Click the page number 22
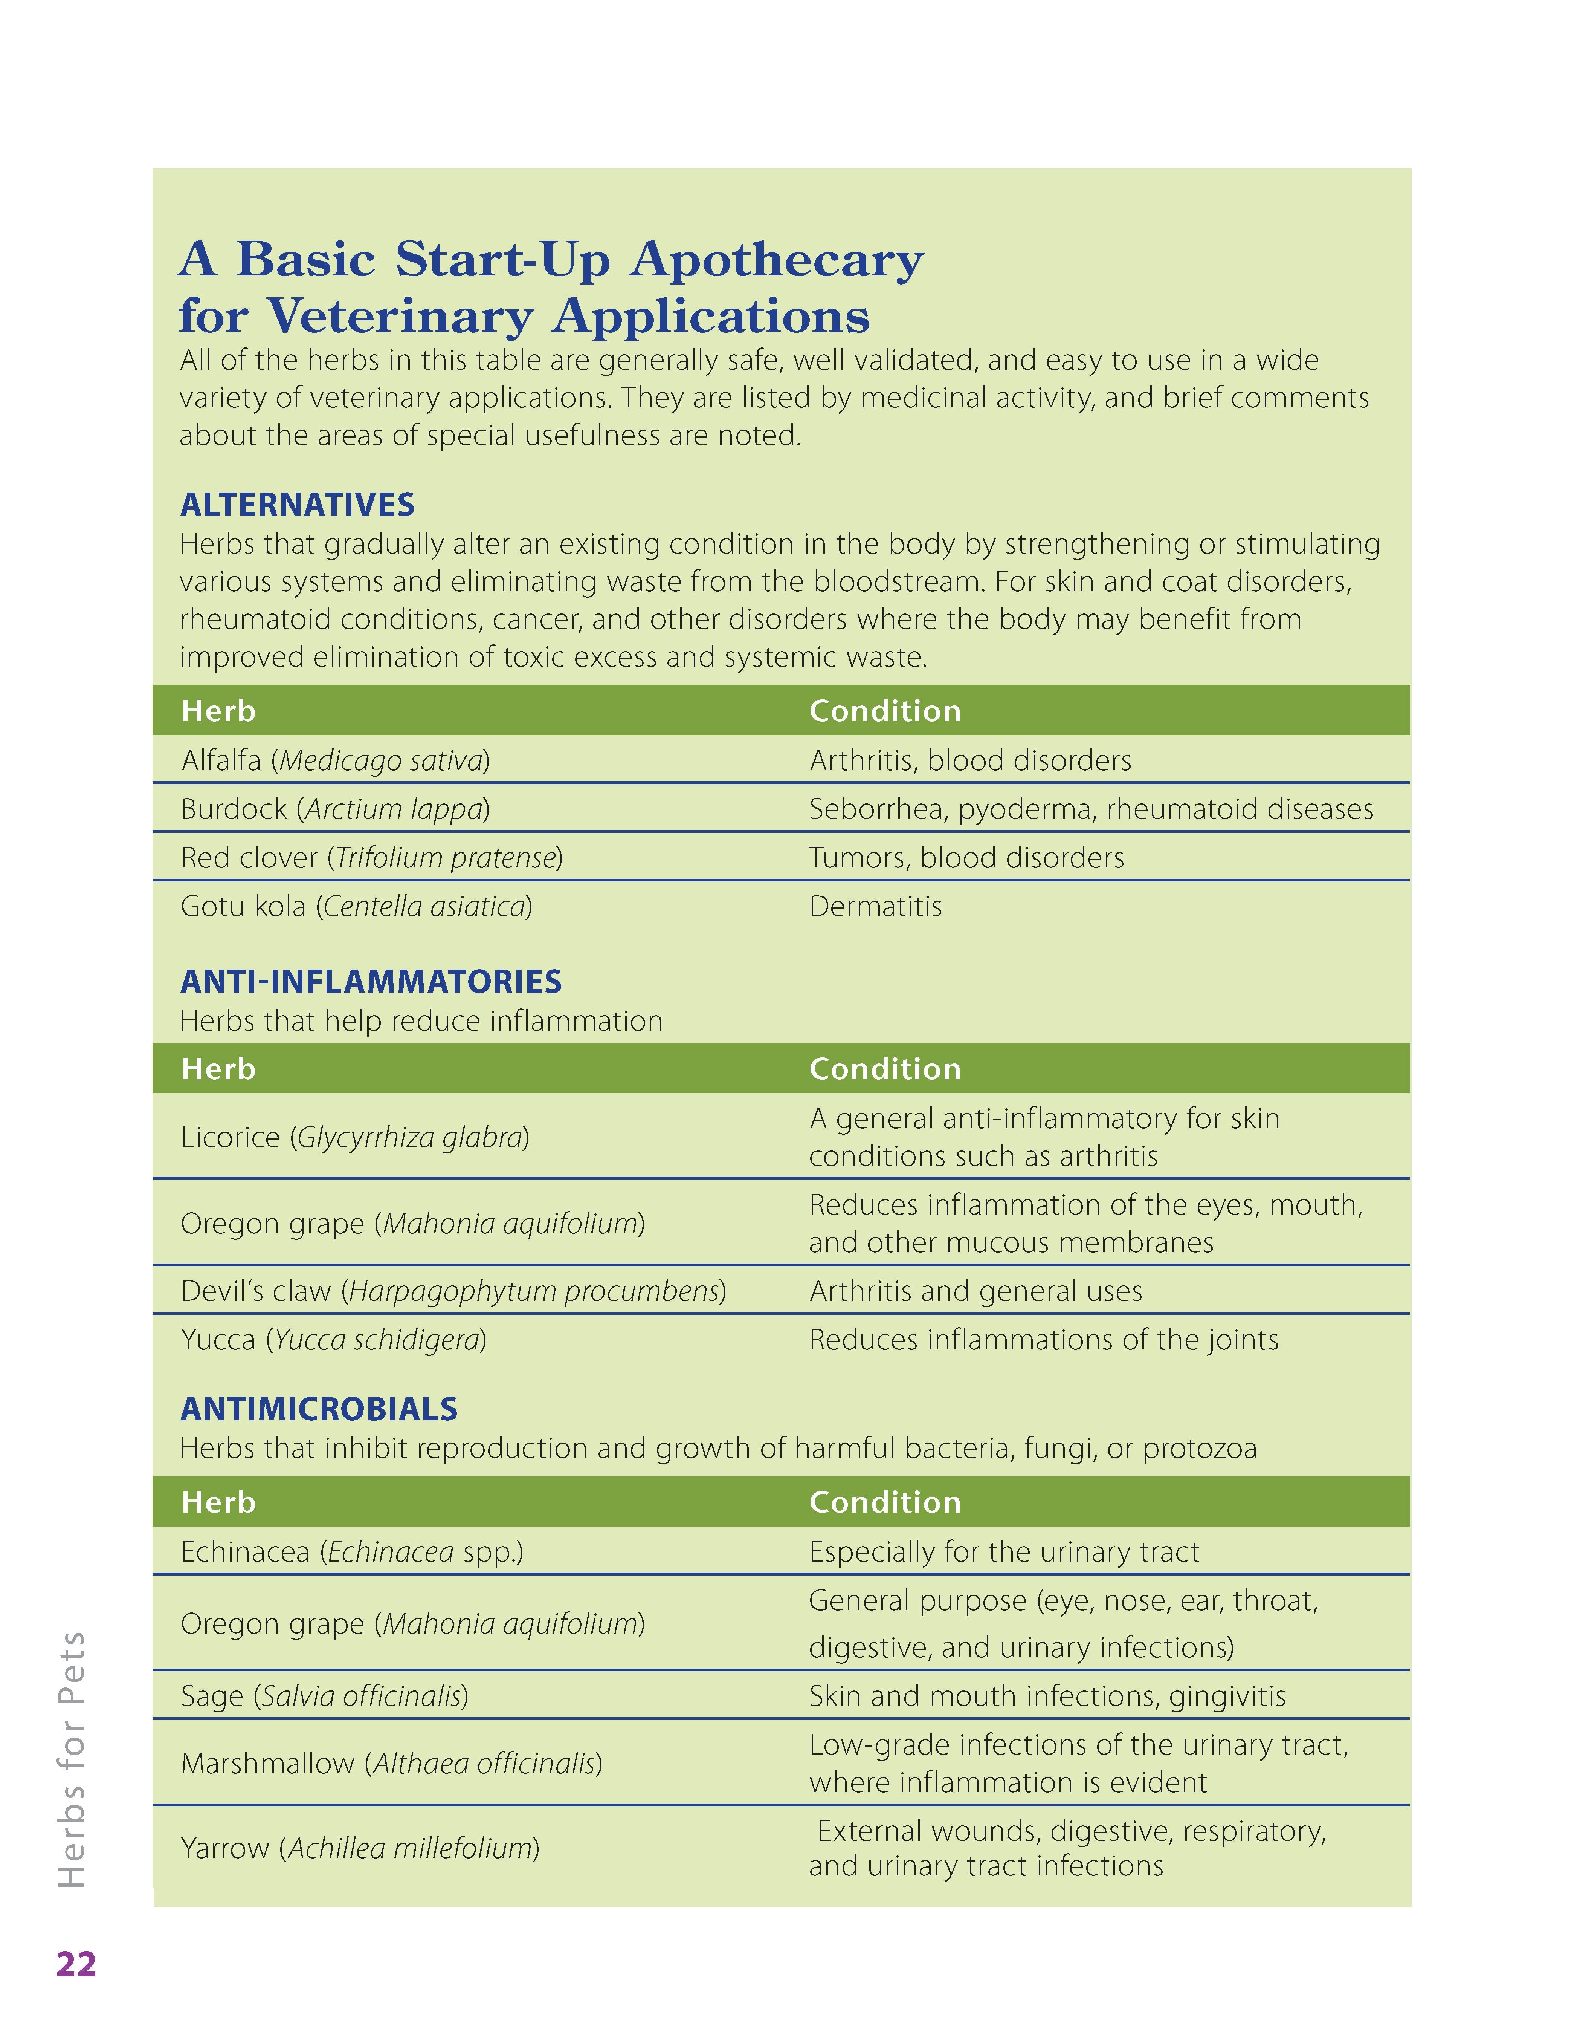[x=76, y=1964]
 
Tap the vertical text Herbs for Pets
[x=73, y=1759]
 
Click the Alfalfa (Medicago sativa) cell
[x=335, y=760]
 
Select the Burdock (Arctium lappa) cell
[x=335, y=809]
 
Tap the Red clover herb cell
[x=371, y=857]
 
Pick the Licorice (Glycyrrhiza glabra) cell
[x=354, y=1138]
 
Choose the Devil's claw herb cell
[x=453, y=1291]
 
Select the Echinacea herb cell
[x=352, y=1552]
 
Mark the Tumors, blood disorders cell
[x=966, y=857]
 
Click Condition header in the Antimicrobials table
[x=884, y=1502]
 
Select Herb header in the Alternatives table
[x=218, y=711]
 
